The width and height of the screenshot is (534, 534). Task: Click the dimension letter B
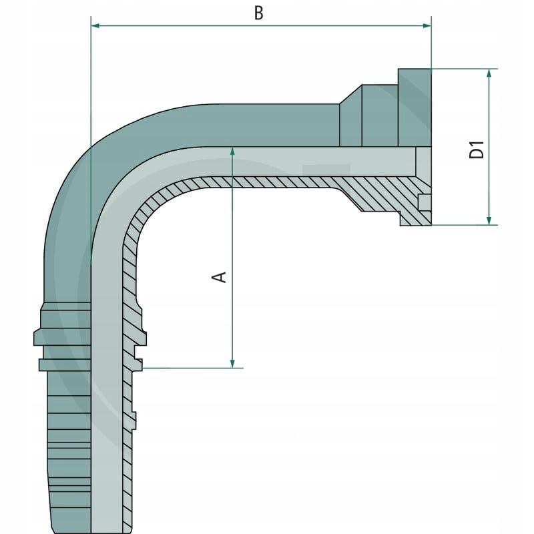(x=260, y=13)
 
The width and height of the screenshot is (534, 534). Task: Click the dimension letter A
(x=219, y=276)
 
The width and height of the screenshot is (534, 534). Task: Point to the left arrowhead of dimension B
(x=95, y=26)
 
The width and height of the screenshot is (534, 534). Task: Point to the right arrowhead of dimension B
(x=427, y=26)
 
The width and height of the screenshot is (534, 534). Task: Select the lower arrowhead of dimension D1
(x=489, y=220)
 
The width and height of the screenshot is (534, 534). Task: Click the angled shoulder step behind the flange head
(x=351, y=113)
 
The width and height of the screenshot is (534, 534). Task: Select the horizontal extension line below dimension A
(x=194, y=368)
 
